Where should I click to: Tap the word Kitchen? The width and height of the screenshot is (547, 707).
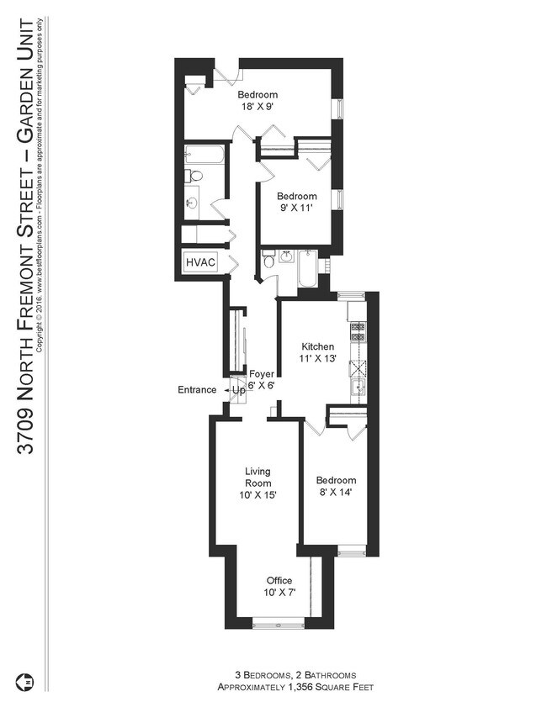[318, 346]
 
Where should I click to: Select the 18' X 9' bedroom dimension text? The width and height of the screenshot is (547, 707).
[257, 108]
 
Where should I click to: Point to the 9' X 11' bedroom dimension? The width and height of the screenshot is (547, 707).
[298, 208]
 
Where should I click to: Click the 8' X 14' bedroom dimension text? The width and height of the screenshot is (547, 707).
[333, 493]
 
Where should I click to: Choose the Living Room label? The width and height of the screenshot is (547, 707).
[258, 477]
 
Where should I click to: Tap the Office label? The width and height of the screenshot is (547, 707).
[279, 581]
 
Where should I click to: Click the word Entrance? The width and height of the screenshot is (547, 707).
[197, 390]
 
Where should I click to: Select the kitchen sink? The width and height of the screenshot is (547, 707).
[357, 388]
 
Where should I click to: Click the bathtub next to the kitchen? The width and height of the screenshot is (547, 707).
[307, 269]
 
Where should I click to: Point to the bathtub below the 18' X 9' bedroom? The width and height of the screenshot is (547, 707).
[204, 155]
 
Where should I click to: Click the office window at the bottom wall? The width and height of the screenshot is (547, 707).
[278, 623]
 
